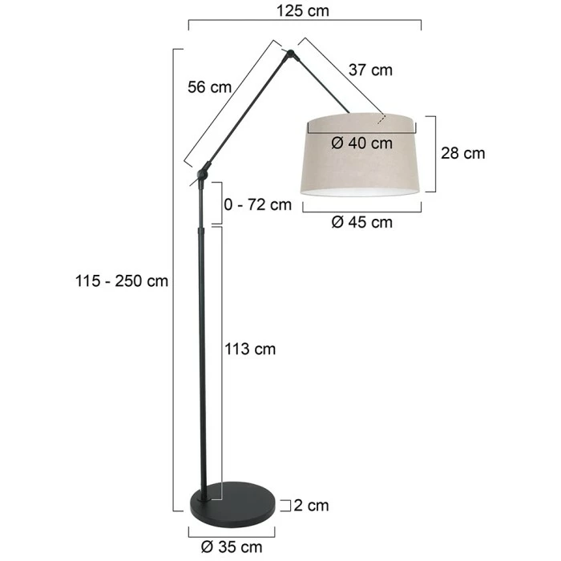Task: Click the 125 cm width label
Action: (x=303, y=10)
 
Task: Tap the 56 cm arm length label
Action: (x=210, y=87)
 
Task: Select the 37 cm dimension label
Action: (x=370, y=70)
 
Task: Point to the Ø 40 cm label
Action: (x=361, y=143)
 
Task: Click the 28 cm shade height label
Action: (x=463, y=154)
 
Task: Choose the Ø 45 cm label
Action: (x=361, y=222)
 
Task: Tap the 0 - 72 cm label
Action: (x=257, y=204)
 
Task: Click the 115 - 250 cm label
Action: (x=122, y=280)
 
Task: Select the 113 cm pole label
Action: (x=250, y=349)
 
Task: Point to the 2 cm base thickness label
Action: (x=311, y=506)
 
